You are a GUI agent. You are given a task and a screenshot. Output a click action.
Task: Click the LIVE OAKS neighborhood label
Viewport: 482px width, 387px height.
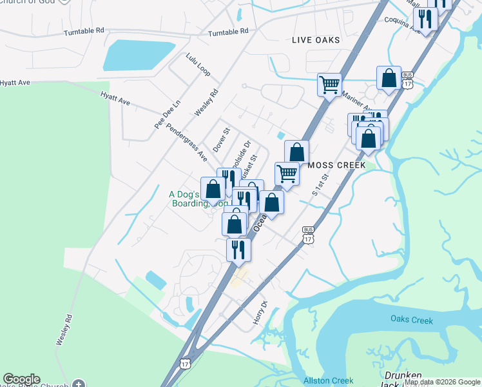click(x=315, y=40)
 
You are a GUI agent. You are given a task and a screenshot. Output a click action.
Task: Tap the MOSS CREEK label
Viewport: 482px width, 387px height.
click(x=337, y=165)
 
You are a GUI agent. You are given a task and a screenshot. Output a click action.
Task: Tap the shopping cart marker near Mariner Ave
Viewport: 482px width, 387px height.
click(x=329, y=84)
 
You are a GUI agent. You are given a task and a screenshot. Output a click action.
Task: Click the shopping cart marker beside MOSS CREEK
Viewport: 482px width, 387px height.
click(x=287, y=173)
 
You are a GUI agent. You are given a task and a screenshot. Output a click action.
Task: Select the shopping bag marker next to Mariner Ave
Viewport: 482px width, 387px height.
click(x=389, y=78)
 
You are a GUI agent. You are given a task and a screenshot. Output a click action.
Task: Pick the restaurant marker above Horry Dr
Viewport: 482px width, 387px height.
click(x=238, y=248)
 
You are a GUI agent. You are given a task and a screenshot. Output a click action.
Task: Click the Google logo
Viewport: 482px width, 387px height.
click(x=21, y=380)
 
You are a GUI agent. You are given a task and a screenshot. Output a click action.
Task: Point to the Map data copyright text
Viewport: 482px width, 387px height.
click(x=442, y=382)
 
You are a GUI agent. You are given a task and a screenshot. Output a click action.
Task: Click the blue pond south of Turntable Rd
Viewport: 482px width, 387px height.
click(x=139, y=55)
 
